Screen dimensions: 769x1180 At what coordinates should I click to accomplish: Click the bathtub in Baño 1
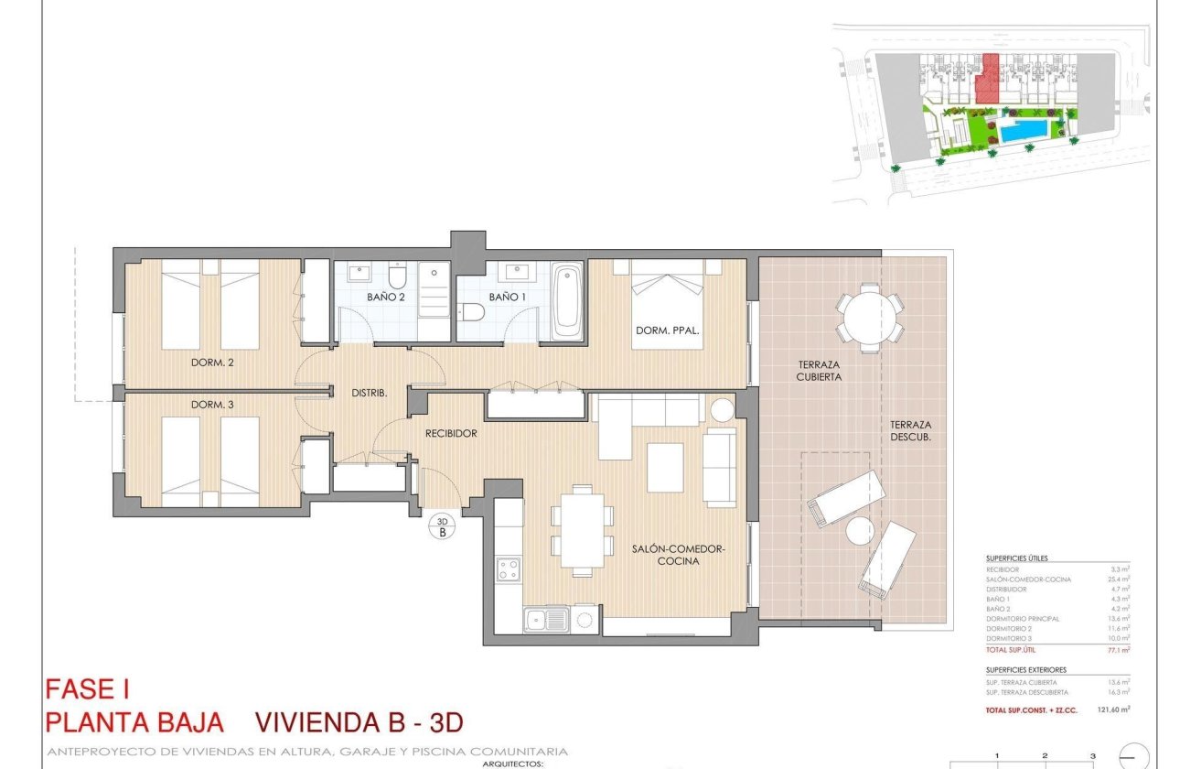pos(567,300)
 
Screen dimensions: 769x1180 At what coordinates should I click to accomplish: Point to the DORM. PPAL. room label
pos(667,330)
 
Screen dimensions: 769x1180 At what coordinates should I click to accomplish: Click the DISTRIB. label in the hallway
pos(370,393)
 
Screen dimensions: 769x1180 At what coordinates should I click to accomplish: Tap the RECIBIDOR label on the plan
pos(451,433)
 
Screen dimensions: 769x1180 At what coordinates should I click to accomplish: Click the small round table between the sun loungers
pos(860,530)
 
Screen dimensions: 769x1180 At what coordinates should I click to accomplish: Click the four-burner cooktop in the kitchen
pos(508,570)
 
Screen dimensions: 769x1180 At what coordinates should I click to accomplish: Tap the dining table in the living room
pos(582,530)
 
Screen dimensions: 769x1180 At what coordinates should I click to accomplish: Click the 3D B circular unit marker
pos(442,526)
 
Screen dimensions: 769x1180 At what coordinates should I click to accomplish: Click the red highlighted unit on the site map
pos(986,78)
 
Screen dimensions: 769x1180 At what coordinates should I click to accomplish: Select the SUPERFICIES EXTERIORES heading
pos(1026,670)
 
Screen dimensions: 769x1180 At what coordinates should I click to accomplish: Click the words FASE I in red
pos(92,688)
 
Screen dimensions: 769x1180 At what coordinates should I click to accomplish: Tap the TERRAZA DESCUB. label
pos(911,430)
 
